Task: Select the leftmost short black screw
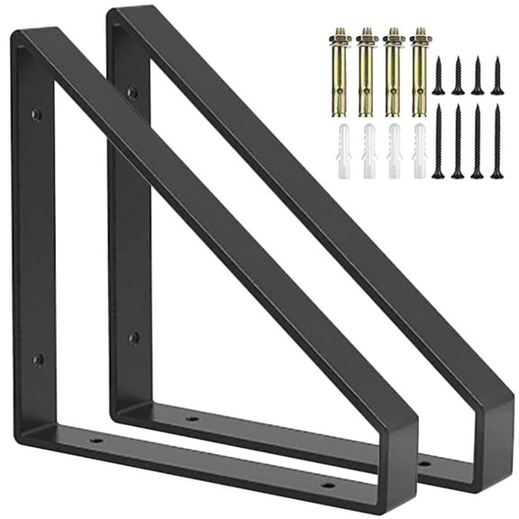click(438, 76)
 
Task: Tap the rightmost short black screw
click(496, 76)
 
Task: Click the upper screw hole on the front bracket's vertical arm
click(37, 114)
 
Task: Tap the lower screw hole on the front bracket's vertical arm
click(38, 360)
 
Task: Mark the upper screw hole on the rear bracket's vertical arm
click(132, 91)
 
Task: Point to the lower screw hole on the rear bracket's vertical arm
click(134, 338)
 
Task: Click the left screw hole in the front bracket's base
click(96, 441)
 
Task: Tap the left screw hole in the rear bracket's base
click(191, 418)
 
